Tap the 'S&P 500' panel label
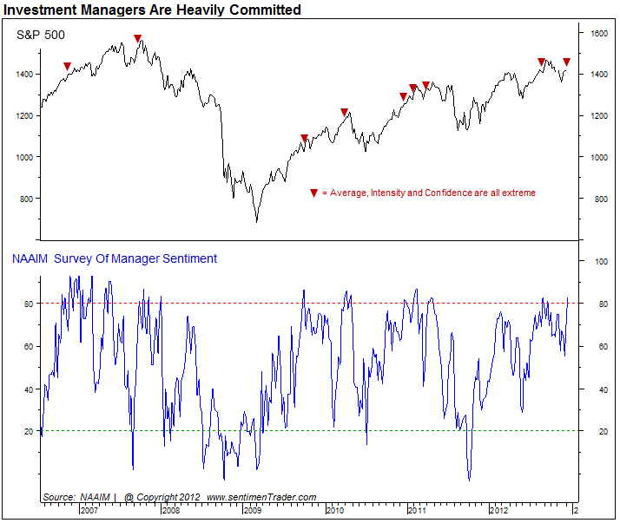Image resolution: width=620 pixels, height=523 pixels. pos(42,36)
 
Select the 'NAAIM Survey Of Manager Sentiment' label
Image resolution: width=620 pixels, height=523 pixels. pos(114,258)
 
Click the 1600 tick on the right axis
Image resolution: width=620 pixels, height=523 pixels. pos(597,33)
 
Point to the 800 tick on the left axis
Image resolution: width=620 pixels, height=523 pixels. pos(26,199)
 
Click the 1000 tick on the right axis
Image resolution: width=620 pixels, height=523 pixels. pos(597,157)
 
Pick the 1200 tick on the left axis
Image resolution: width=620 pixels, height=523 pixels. pos(24,115)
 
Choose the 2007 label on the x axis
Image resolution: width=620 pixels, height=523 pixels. pos(89,510)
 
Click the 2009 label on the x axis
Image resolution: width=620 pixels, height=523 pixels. pos(253,510)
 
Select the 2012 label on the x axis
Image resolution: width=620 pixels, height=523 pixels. pos(498,510)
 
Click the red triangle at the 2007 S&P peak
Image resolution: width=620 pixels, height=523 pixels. pos(138,38)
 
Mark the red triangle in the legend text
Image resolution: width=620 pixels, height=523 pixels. pos(313,193)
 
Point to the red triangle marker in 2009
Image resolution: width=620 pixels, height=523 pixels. pos(304,138)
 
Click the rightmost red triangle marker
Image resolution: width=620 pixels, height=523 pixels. pos(566,62)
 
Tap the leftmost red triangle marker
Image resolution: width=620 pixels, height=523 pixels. pos(67,66)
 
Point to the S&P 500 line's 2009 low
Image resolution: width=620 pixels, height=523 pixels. pos(256,221)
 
